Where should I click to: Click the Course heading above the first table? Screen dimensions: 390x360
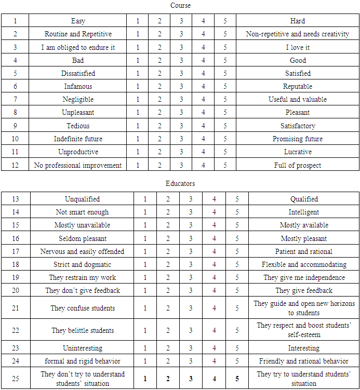point(180,5)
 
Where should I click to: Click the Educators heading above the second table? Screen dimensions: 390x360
point(180,183)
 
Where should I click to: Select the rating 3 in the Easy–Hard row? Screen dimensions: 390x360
point(181,21)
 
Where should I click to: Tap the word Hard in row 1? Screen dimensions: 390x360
point(298,21)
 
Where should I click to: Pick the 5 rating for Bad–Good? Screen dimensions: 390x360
point(225,60)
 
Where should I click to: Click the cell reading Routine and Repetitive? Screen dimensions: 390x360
point(78,34)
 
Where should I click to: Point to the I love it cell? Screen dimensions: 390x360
point(298,47)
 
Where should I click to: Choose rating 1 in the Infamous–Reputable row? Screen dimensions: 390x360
point(138,87)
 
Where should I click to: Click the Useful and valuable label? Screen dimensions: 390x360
point(298,100)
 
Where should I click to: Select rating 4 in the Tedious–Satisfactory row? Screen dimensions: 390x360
point(203,126)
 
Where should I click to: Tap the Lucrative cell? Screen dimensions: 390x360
point(298,152)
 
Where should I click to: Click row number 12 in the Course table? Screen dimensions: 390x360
point(15,165)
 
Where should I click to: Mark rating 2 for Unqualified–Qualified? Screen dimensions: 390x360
point(168,199)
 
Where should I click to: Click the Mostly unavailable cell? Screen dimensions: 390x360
point(83,225)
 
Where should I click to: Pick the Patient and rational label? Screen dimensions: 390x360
point(304,251)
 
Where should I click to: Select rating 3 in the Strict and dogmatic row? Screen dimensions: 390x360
point(191,264)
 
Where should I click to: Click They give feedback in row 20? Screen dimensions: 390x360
point(304,290)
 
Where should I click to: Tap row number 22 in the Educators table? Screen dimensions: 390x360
point(16,330)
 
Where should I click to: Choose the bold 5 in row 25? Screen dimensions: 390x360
point(237,379)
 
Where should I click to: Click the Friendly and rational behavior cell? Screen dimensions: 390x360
point(304,361)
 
